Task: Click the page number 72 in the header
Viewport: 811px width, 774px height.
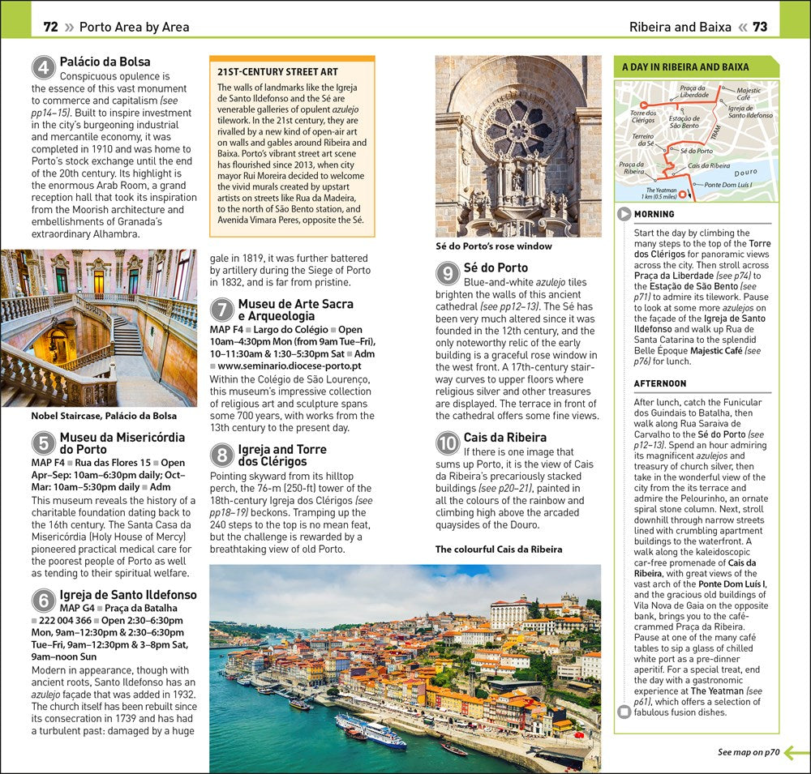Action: (x=50, y=27)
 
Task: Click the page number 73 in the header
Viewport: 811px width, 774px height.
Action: (x=759, y=27)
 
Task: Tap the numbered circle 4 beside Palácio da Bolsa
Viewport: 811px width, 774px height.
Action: (x=44, y=67)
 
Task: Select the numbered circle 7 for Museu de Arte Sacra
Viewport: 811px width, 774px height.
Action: (x=222, y=310)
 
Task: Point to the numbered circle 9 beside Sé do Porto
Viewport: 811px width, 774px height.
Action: (x=448, y=273)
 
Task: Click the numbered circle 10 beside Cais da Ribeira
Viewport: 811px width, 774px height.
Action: (x=448, y=443)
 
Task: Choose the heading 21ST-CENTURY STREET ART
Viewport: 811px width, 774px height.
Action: (x=277, y=72)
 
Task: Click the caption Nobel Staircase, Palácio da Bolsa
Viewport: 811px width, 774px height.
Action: (x=104, y=416)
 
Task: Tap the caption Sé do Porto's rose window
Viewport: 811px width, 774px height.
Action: (x=493, y=246)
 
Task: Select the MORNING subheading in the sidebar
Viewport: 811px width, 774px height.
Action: (x=654, y=215)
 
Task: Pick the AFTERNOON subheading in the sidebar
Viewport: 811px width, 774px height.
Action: (x=660, y=383)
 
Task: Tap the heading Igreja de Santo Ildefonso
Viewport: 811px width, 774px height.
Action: (x=127, y=595)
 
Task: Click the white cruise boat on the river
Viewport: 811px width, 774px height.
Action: (x=371, y=729)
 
